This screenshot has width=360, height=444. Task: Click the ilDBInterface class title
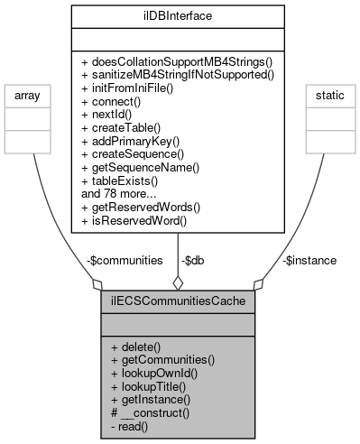[x=178, y=15]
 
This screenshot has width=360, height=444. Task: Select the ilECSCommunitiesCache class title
[x=178, y=301]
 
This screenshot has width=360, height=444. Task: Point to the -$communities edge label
[x=125, y=260]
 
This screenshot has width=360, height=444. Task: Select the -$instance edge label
[x=309, y=260]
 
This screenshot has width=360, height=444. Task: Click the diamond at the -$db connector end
[x=178, y=282]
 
